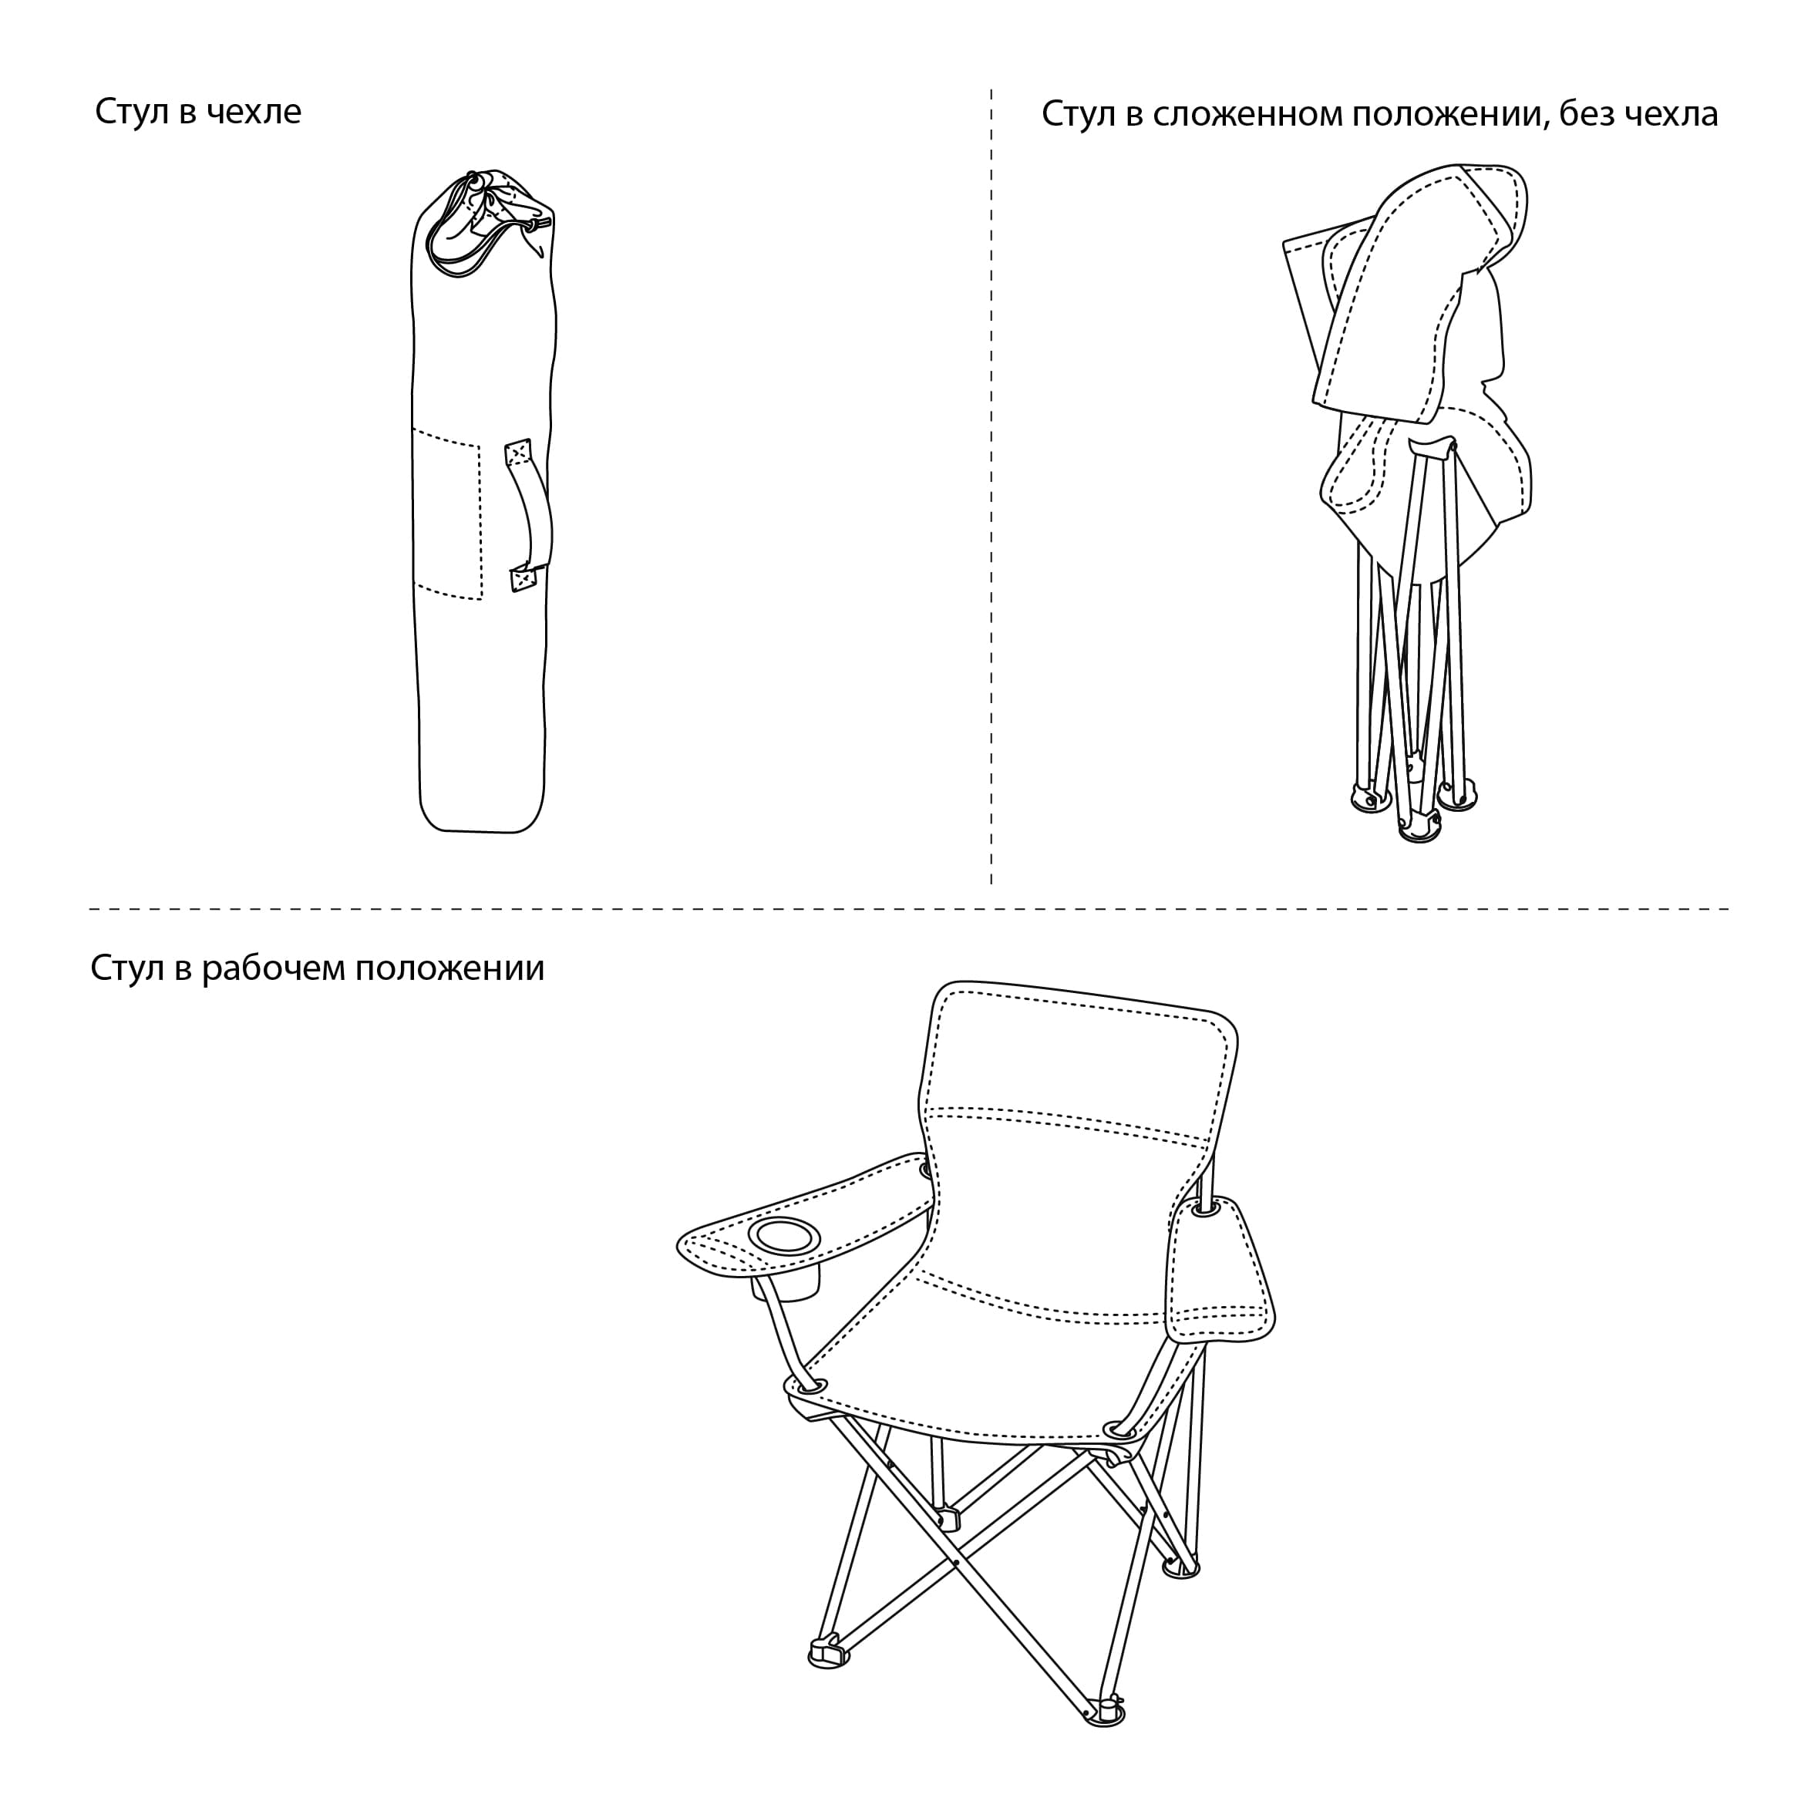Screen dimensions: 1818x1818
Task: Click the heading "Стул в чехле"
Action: click(x=199, y=112)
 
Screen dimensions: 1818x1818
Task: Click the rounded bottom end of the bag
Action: click(x=482, y=810)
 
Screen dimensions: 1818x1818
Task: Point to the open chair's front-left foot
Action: click(x=828, y=1651)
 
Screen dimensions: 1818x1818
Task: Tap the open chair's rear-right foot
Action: click(x=1182, y=1567)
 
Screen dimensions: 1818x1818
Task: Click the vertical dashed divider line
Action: click(x=991, y=486)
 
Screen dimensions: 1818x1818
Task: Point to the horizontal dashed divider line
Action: click(x=909, y=909)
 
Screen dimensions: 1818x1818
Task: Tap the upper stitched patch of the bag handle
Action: click(x=518, y=453)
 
